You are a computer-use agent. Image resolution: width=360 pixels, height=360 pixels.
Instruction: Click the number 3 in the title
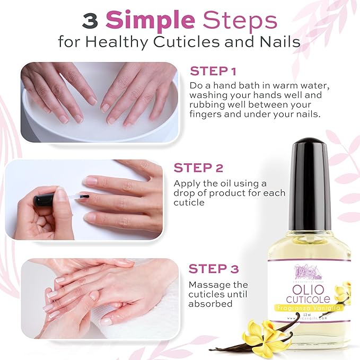pyautogui.click(x=90, y=21)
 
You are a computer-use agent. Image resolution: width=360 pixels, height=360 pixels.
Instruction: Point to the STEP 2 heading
pyautogui.click(x=198, y=168)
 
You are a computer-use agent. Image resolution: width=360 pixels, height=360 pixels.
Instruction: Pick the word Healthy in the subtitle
pyautogui.click(x=133, y=42)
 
